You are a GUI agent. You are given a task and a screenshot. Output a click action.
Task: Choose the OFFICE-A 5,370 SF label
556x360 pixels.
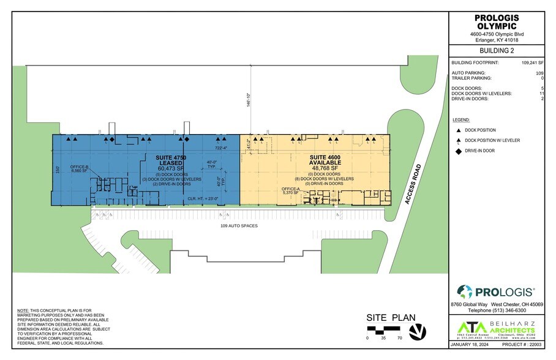pos(290,190)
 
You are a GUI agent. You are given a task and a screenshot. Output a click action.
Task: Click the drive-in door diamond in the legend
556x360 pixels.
pos(459,150)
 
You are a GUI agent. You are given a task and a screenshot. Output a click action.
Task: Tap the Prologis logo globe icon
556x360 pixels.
pos(465,292)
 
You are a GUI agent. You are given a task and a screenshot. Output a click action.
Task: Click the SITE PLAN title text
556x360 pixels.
pos(391,318)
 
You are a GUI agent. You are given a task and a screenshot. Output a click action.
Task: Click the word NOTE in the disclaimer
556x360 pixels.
pos(23,311)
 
